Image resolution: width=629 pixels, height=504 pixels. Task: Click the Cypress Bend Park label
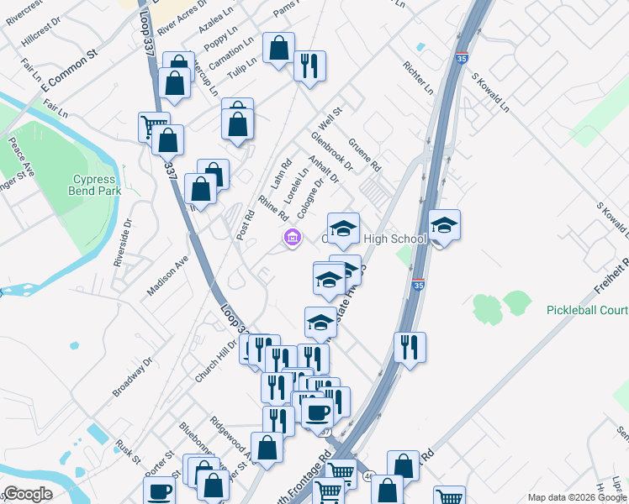pos(95,185)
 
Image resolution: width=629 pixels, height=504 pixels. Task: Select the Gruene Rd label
pos(365,155)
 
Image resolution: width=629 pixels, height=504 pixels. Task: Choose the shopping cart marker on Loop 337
pos(154,126)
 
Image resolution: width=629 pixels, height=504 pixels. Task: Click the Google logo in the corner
pos(28,494)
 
